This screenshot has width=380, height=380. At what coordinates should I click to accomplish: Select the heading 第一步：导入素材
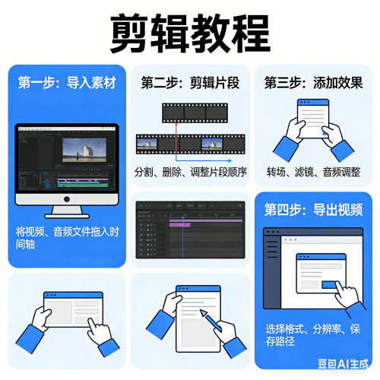[x=66, y=81]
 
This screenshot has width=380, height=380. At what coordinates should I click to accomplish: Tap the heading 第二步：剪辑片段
[x=190, y=81]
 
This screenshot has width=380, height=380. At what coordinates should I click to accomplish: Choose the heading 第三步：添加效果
[x=313, y=81]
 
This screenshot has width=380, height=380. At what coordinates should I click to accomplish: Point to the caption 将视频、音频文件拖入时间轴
[x=66, y=237]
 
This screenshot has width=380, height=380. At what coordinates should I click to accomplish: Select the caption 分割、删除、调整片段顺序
[x=190, y=172]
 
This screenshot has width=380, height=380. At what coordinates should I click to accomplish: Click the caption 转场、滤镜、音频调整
[x=313, y=172]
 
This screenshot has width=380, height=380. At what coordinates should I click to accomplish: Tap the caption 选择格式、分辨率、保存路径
[x=313, y=335]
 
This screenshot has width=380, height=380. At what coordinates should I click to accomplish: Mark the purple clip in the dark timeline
[x=179, y=225]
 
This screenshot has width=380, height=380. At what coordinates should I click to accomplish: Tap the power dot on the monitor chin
[x=66, y=198]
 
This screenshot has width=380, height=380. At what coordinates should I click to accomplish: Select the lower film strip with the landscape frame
[x=190, y=144]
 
